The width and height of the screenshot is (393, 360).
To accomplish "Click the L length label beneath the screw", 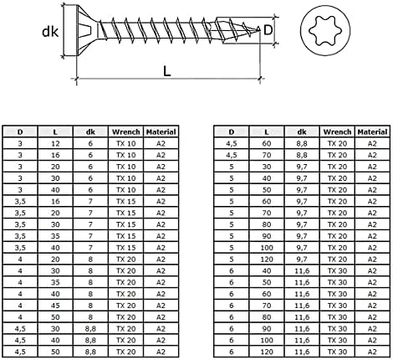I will click(x=167, y=72).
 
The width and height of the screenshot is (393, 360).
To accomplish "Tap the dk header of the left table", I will click(x=89, y=131).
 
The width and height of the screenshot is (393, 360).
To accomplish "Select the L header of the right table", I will click(x=267, y=131).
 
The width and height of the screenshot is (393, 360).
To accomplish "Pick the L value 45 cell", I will click(x=54, y=306).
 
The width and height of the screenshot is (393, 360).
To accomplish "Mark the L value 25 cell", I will click(x=54, y=213).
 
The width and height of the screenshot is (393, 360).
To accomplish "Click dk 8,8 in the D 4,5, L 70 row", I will click(x=302, y=155).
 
